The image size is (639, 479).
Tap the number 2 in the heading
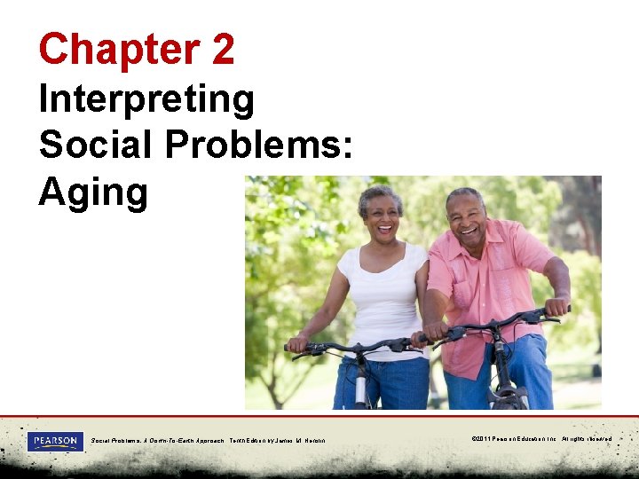[223, 49]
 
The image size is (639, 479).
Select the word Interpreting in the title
[146, 100]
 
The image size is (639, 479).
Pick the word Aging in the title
[92, 191]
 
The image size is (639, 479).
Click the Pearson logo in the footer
[56, 441]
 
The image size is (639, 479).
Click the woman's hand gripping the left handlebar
[298, 342]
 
